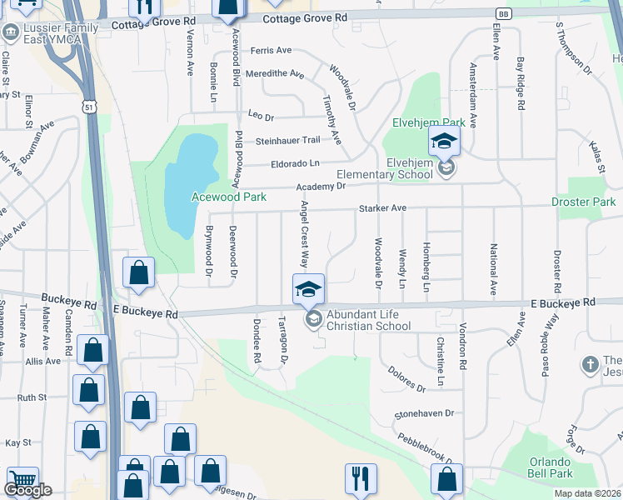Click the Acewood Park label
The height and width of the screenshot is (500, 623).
pos(229,197)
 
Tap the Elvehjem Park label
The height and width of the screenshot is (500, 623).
pos(428,123)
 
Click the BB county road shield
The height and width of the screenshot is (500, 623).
pos(503,14)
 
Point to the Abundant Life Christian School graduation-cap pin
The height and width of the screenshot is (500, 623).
pos(308,290)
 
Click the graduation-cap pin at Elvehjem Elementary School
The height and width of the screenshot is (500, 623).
pos(444,142)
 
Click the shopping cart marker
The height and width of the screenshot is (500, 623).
pos(22,482)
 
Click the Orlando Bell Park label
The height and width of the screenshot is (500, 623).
pos(550,467)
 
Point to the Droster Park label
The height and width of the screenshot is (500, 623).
pos(583,202)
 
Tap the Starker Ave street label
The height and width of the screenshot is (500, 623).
pos(381,208)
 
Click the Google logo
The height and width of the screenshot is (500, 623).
pos(27,490)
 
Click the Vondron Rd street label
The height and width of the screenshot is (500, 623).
pos(461,351)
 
